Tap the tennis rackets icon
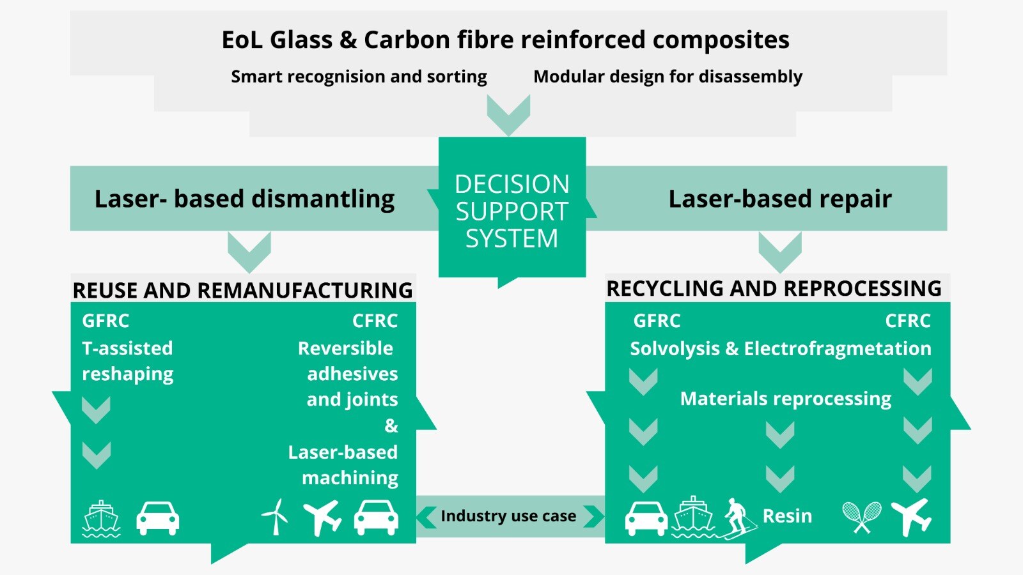[862, 517]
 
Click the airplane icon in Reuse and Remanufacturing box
[322, 518]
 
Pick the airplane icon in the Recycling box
[910, 517]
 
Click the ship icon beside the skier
[693, 517]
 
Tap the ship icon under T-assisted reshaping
[102, 518]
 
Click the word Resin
[787, 516]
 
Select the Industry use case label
[508, 516]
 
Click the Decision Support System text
[512, 211]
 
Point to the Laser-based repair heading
[780, 199]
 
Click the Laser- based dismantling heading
[244, 199]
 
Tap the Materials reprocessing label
[786, 399]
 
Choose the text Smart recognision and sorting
[359, 77]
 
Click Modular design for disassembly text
[668, 77]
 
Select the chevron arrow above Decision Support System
[508, 115]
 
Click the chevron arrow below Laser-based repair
[780, 252]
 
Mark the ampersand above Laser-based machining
[391, 425]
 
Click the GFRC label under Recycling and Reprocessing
[657, 321]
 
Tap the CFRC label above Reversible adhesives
[375, 321]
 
